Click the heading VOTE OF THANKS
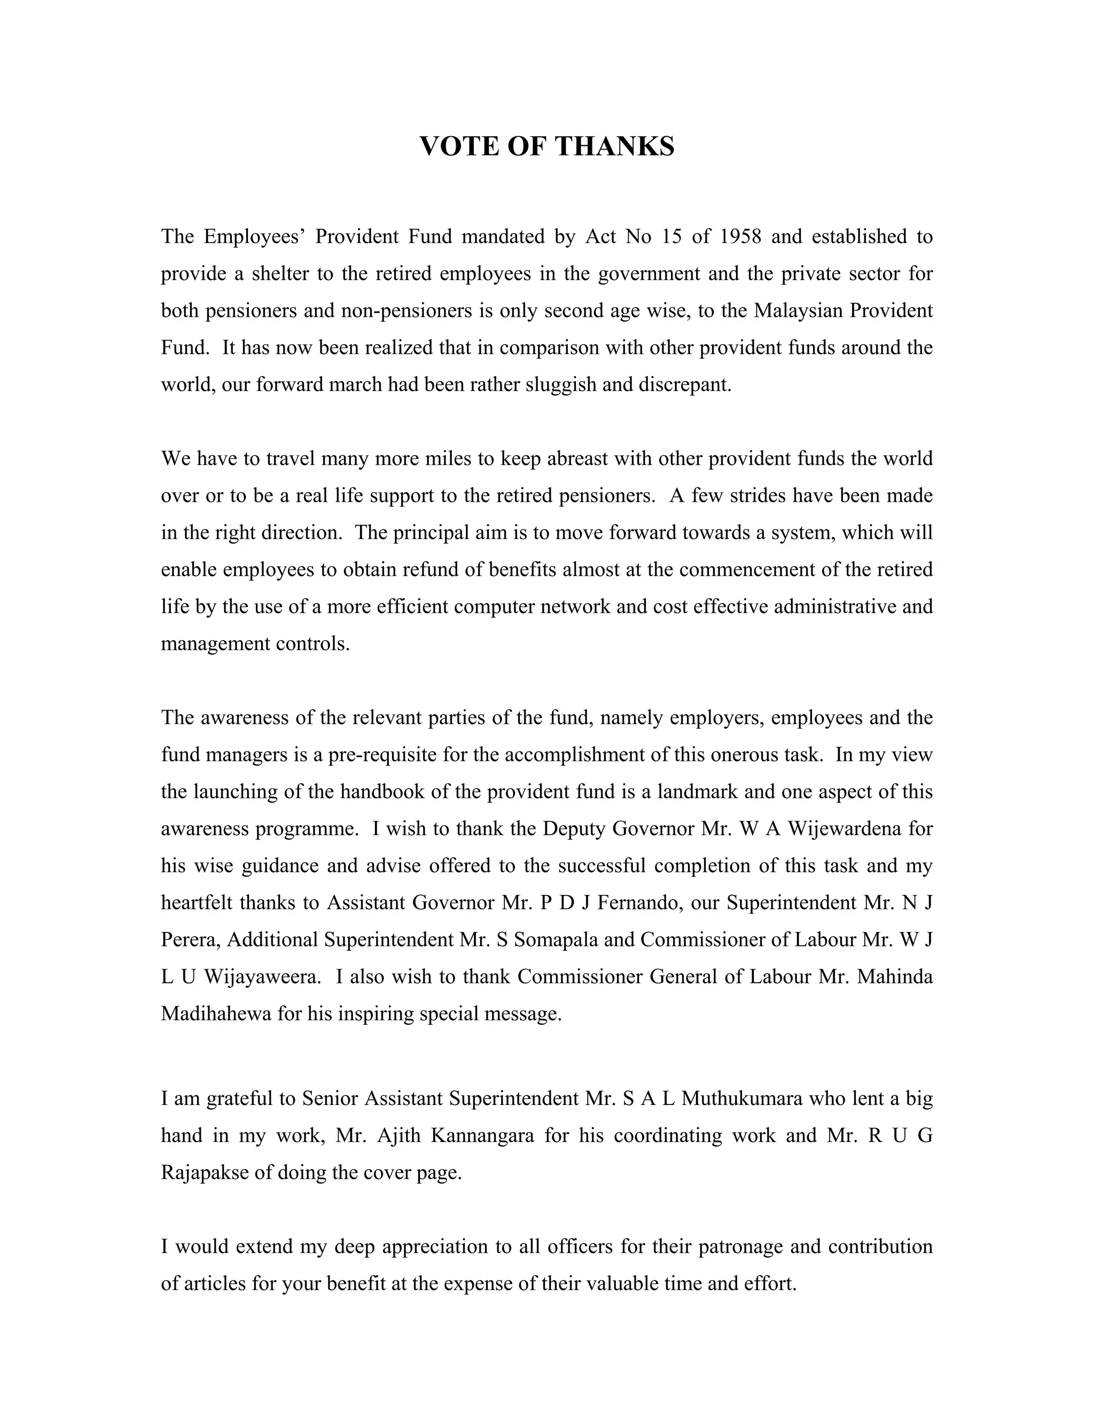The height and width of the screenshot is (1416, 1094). pyautogui.click(x=546, y=146)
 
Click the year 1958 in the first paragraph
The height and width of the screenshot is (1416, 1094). pyautogui.click(x=740, y=236)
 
